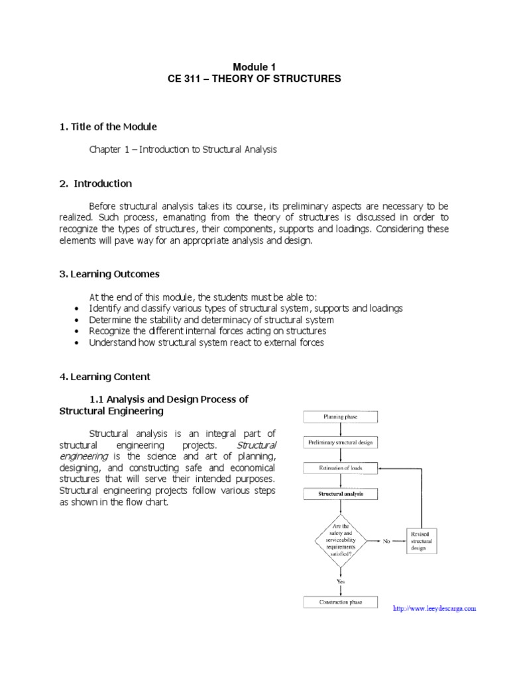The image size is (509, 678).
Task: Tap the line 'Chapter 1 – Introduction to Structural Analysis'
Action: click(x=183, y=150)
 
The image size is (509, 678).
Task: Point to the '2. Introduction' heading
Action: click(x=96, y=183)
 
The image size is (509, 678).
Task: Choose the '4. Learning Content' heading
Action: click(x=105, y=377)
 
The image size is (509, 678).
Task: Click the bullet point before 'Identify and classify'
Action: click(x=78, y=309)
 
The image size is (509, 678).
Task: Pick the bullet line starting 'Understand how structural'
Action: click(x=206, y=342)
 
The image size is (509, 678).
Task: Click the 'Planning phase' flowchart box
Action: click(x=341, y=417)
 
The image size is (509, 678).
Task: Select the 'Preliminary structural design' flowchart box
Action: click(x=341, y=442)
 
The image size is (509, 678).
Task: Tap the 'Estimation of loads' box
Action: click(x=341, y=467)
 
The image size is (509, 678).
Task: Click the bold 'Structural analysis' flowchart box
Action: click(x=341, y=494)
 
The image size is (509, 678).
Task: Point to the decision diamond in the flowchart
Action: click(x=341, y=539)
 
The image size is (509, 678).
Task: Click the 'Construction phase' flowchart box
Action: click(x=341, y=602)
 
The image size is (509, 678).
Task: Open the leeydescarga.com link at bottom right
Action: click(x=435, y=608)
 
